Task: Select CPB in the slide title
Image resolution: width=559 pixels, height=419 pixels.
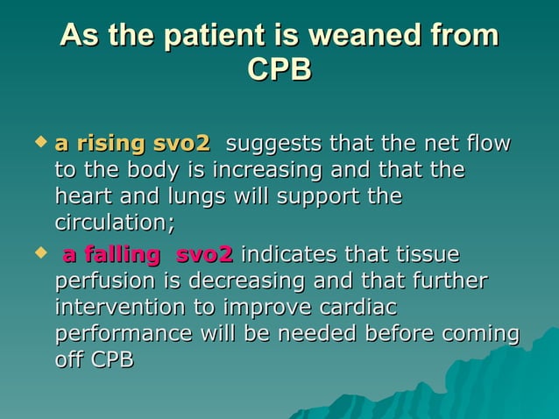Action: (279, 70)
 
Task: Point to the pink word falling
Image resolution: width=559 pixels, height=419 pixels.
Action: (123, 255)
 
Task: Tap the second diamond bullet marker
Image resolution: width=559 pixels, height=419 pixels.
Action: (39, 252)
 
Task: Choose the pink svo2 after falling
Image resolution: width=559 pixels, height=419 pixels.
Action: (204, 255)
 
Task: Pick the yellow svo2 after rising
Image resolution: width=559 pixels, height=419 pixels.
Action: (181, 143)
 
